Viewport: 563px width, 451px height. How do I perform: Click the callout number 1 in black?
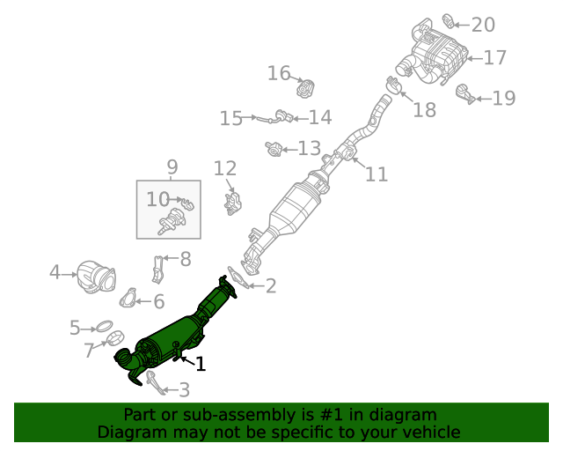tap(201, 364)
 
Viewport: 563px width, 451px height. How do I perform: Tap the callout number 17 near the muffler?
tap(494, 58)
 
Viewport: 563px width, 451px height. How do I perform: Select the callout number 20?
tap(483, 25)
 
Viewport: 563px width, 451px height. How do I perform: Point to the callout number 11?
tap(376, 174)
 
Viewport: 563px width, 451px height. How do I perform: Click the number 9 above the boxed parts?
tap(172, 166)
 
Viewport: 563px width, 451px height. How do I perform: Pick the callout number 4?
tap(55, 273)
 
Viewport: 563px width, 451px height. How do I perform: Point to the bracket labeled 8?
tap(158, 268)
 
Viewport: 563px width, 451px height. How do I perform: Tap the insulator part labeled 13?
tap(274, 150)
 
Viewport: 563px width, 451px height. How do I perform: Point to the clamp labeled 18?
tap(395, 85)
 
